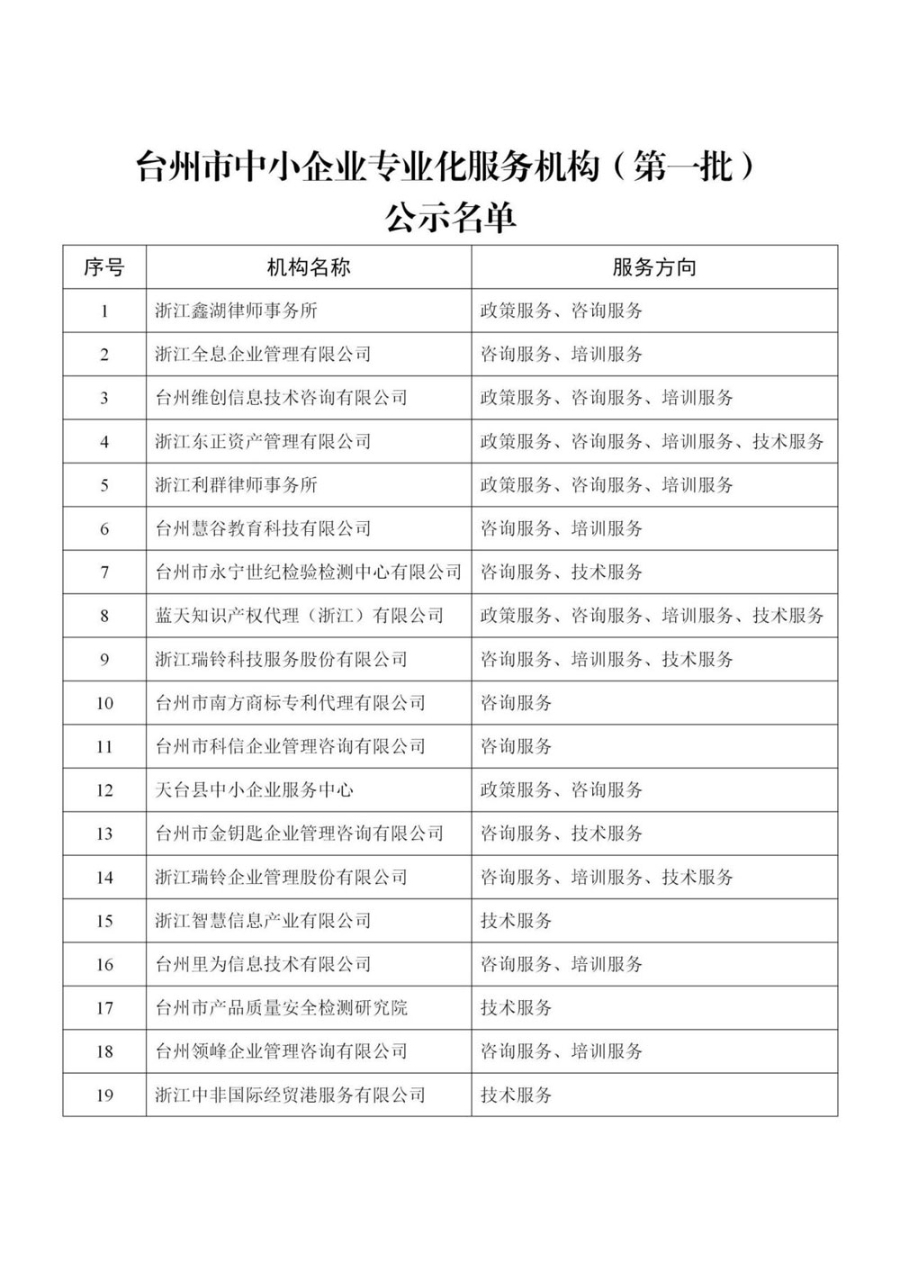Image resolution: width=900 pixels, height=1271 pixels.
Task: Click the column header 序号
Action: point(103,267)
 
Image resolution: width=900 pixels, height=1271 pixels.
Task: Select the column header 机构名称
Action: point(308,267)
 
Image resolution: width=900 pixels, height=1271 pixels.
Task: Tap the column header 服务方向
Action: point(653,267)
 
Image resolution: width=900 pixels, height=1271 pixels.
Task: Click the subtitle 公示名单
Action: point(449,217)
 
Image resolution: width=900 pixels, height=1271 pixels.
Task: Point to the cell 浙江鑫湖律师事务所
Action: point(236,311)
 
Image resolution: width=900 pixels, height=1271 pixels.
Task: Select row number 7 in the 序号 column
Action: point(104,572)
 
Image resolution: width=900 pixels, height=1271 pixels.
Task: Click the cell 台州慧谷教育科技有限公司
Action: point(263,528)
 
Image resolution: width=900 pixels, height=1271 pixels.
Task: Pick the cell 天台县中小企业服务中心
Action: point(254,790)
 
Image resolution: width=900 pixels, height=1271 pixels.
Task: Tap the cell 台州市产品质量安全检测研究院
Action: point(281,1008)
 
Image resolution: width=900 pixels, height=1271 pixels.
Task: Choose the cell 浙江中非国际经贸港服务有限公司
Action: point(290,1095)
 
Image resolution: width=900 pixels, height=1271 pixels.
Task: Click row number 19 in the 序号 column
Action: point(104,1095)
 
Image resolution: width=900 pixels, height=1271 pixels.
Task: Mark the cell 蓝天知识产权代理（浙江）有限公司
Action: point(299,616)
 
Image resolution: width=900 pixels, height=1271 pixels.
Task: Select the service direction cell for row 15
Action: point(517,921)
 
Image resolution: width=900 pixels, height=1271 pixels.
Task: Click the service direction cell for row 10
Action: point(517,703)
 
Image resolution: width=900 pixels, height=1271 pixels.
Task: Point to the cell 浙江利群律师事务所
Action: point(236,485)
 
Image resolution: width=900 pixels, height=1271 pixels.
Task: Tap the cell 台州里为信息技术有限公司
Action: point(263,965)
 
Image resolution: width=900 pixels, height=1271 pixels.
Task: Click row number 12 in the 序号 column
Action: point(104,790)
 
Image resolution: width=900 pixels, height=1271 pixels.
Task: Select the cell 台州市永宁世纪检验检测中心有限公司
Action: point(308,572)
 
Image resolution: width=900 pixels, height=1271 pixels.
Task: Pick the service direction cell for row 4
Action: point(652,442)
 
